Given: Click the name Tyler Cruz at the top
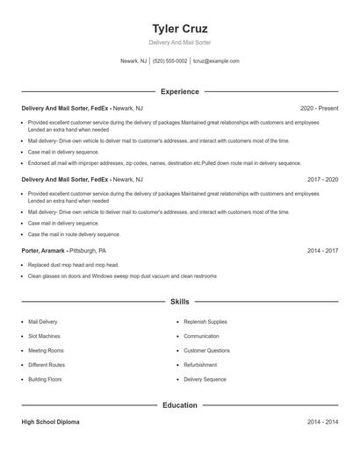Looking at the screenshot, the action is pyautogui.click(x=180, y=29).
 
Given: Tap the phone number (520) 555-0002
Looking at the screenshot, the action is pyautogui.click(x=169, y=61).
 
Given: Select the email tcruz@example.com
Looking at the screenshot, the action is pyautogui.click(x=216, y=61).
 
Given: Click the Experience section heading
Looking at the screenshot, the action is pyautogui.click(x=180, y=91).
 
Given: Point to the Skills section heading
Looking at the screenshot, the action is pyautogui.click(x=180, y=302).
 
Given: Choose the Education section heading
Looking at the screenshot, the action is pyautogui.click(x=180, y=405).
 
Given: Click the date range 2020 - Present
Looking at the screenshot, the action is pyautogui.click(x=319, y=108).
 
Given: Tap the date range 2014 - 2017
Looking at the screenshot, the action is pyautogui.click(x=323, y=250).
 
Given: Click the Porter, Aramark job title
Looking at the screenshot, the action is pyautogui.click(x=44, y=250).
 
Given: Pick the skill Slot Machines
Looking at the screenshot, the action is pyautogui.click(x=44, y=336).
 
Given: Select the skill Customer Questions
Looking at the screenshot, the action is pyautogui.click(x=206, y=350).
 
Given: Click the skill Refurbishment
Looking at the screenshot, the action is pyautogui.click(x=201, y=365).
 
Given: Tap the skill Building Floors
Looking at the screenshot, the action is pyautogui.click(x=45, y=379).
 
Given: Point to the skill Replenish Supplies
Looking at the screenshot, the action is pyautogui.click(x=205, y=322).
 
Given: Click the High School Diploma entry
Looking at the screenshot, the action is pyautogui.click(x=50, y=422).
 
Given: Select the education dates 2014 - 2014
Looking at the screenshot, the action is pyautogui.click(x=323, y=422).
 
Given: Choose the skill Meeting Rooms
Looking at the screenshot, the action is pyautogui.click(x=45, y=350).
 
